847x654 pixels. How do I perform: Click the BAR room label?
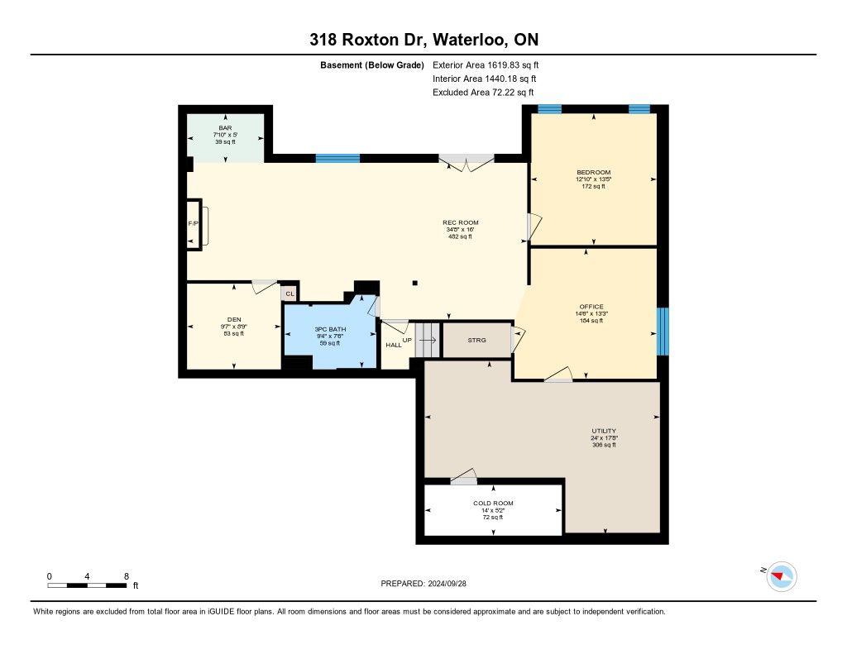coord(225,128)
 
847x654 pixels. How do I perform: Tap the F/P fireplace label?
coord(193,223)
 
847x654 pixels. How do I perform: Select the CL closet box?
coord(290,294)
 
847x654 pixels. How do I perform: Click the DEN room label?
coord(234,320)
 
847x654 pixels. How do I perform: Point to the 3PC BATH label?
coord(330,329)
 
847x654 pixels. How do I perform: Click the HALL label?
coord(393,345)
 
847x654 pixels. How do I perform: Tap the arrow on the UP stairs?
coord(428,341)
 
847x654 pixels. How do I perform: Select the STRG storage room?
coord(477,341)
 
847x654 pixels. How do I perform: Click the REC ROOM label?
coord(460,222)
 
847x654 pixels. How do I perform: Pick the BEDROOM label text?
coord(593,173)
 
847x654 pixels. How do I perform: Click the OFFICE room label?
coord(591,307)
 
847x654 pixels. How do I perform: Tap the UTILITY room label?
coord(603,431)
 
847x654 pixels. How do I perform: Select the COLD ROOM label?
coord(493,504)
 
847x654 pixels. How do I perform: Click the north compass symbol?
coord(781,576)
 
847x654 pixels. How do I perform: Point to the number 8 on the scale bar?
coord(127,576)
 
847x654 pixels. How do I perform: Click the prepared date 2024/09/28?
coord(447,584)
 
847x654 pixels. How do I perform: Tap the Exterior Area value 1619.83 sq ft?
coord(513,65)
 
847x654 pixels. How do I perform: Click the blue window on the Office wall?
coord(663,332)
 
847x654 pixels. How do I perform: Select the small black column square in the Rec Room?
coord(415,283)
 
